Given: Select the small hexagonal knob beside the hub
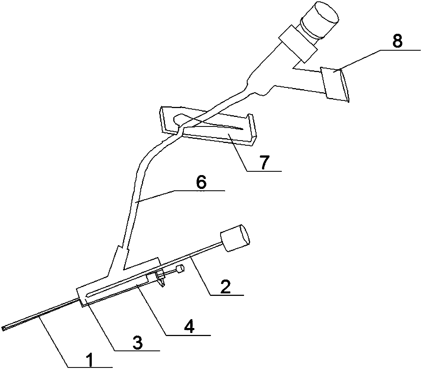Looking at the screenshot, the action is pyautogui.click(x=180, y=269).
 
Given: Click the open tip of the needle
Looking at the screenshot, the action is pyautogui.click(x=4, y=328).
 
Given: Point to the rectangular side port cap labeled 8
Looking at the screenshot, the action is pyautogui.click(x=335, y=84).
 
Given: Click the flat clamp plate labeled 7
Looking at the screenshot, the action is pyautogui.click(x=208, y=126).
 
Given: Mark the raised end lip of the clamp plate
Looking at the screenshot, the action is pyautogui.click(x=253, y=127).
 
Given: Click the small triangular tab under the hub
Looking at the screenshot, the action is pyautogui.click(x=161, y=280).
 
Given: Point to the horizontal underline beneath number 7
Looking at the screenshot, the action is pyautogui.click(x=265, y=171).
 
